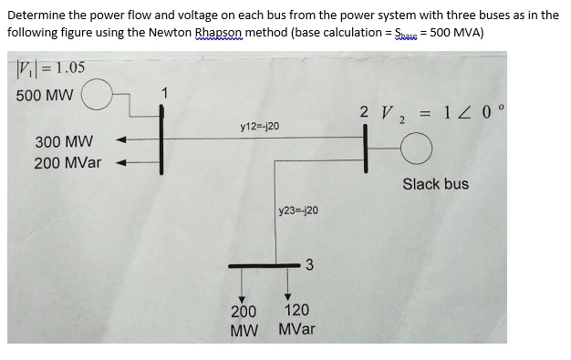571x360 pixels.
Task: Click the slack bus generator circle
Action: [416, 146]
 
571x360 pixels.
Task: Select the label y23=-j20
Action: [298, 211]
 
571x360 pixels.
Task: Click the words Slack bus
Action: [435, 184]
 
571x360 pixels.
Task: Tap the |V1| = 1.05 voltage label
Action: [51, 68]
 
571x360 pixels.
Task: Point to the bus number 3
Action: [310, 265]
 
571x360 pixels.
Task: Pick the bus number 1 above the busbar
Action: [164, 91]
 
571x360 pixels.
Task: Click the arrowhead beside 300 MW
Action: [119, 141]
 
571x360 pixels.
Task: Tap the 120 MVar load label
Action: [297, 318]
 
